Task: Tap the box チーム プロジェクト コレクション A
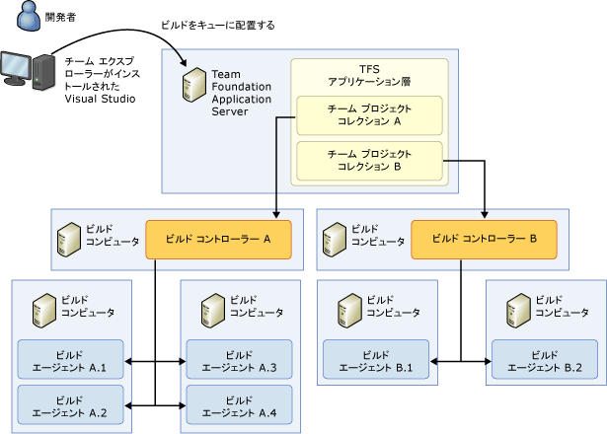pos(369,114)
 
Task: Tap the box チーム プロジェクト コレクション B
pos(369,159)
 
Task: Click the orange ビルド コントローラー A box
pos(218,239)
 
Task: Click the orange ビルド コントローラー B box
pos(484,239)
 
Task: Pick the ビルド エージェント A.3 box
pos(239,360)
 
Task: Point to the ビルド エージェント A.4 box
pos(239,404)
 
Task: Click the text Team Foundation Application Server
pos(237,93)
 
